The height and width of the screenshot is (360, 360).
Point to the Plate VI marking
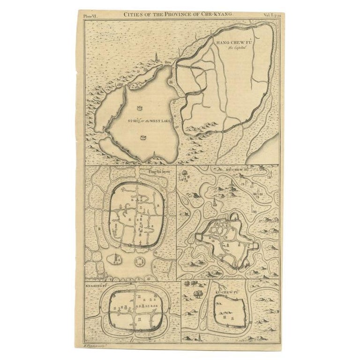[89, 15]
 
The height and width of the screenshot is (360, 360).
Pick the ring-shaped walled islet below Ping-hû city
[139, 261]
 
